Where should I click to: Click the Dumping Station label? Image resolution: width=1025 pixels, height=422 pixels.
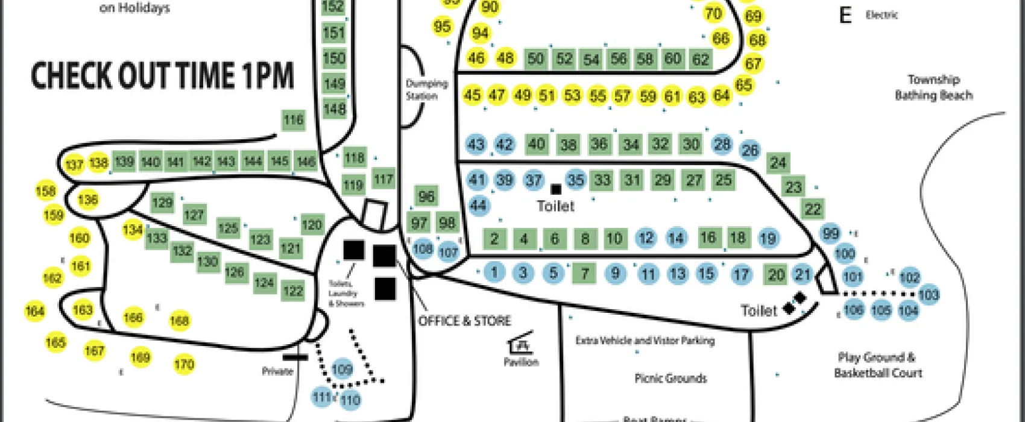[x=426, y=89]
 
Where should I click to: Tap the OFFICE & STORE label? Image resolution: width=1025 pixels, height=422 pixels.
[x=464, y=321]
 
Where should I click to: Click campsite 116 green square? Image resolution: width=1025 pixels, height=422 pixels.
[x=294, y=120]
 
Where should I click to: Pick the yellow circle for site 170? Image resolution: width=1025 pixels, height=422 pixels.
[x=184, y=364]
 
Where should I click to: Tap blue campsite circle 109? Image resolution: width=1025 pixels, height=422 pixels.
[x=342, y=370]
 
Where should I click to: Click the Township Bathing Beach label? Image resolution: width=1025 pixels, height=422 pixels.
[x=933, y=87]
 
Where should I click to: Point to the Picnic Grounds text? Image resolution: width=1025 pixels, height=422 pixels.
[x=670, y=379]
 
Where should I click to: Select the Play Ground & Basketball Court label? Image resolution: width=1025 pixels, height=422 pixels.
[x=878, y=365]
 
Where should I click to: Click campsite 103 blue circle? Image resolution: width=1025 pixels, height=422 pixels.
[x=929, y=295]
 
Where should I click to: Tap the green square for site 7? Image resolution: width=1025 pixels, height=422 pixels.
[x=584, y=274]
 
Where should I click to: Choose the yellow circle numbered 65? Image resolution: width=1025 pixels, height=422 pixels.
[x=743, y=85]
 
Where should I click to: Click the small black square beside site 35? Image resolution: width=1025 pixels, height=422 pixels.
[x=556, y=189]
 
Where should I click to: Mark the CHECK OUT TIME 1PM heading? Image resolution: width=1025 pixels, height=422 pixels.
[x=162, y=75]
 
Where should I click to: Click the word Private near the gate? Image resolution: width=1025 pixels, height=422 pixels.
[x=277, y=371]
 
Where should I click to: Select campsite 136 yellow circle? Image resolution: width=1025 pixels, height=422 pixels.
[x=88, y=200]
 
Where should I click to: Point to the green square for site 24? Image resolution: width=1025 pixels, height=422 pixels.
[x=778, y=163]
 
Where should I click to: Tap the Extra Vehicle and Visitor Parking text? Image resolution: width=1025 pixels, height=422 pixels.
[x=645, y=341]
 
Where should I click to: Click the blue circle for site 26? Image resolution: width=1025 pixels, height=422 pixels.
[x=750, y=150]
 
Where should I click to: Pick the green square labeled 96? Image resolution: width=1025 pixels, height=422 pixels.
[x=426, y=197]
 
